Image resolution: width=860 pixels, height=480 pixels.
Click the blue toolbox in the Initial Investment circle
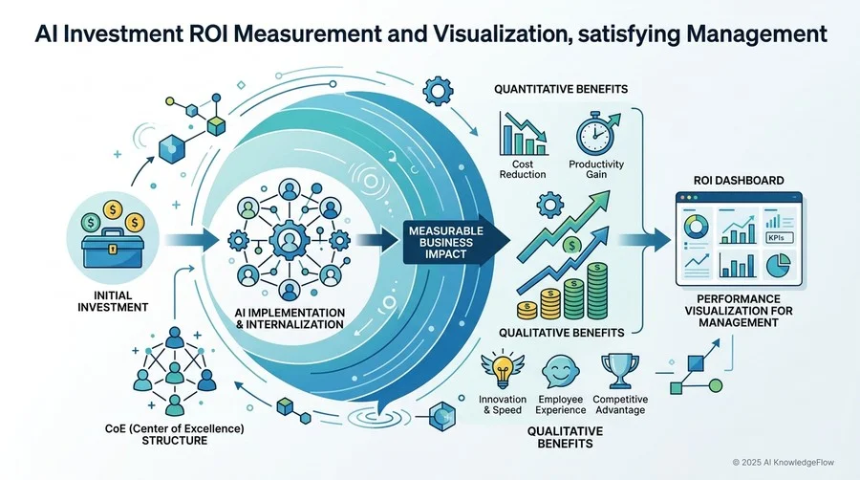point(113,248)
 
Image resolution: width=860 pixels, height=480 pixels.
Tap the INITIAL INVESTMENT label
point(113,301)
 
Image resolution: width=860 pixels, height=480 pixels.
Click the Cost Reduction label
point(522,169)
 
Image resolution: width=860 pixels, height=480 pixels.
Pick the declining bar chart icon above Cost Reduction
point(524,133)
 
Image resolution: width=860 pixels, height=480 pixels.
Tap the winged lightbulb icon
point(503,371)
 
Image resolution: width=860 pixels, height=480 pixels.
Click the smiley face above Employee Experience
point(560,371)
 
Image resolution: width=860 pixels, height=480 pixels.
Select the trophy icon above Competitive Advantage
point(620,371)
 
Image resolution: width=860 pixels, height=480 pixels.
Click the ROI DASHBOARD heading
point(739,181)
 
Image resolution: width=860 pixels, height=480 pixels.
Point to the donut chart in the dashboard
point(697,227)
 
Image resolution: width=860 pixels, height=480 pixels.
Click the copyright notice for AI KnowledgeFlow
point(784,463)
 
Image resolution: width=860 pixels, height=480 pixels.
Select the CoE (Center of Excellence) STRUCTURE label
point(175,434)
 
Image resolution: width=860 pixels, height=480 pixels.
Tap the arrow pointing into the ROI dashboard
point(644,240)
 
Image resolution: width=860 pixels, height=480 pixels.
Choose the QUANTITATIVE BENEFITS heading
point(561,89)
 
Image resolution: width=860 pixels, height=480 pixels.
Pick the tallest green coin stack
point(596,291)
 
